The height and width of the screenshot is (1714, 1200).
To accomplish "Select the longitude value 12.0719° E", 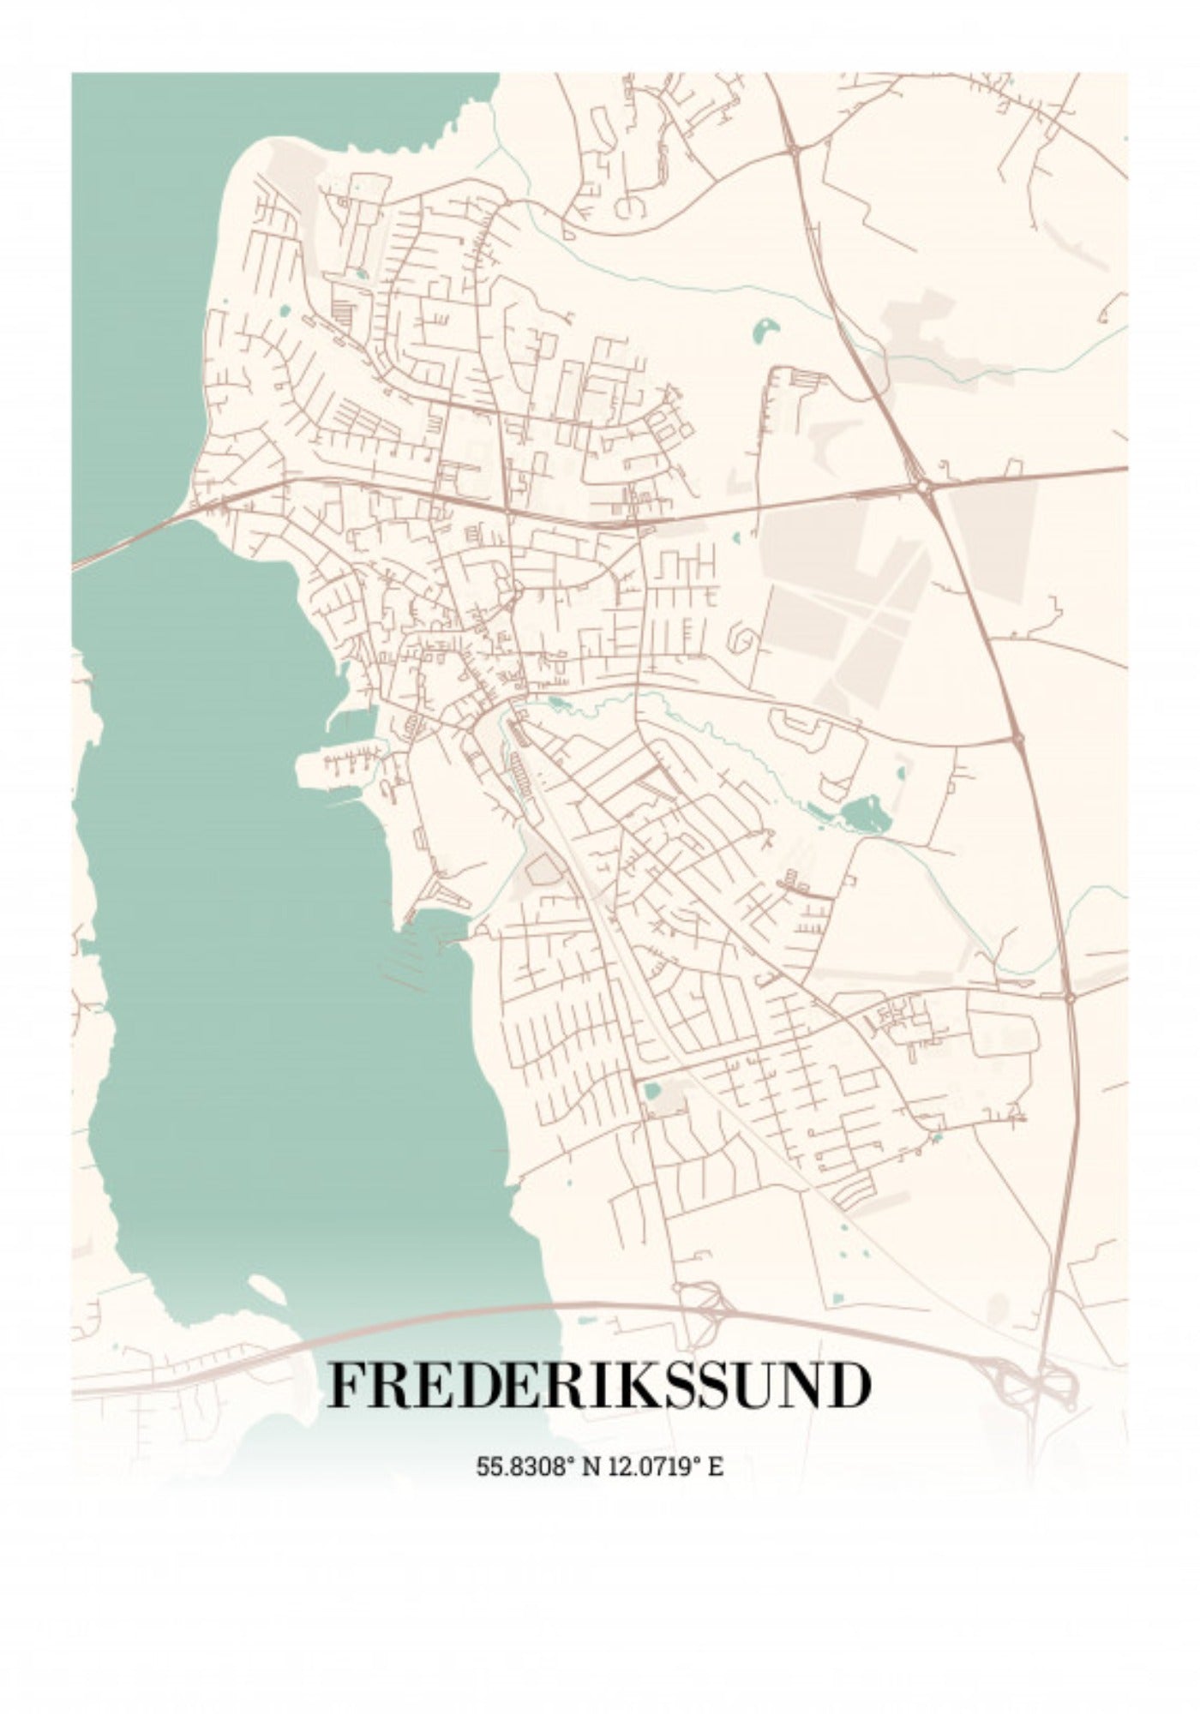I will click(666, 1466).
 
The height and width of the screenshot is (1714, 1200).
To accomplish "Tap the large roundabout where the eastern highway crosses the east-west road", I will click(923, 486).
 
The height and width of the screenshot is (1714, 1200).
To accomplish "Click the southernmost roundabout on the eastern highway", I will click(1071, 997).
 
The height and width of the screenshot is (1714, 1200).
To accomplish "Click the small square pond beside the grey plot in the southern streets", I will click(652, 1091).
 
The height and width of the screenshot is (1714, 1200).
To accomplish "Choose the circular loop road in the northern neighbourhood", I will click(632, 206).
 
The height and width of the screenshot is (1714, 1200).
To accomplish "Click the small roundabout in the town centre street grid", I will click(517, 591).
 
